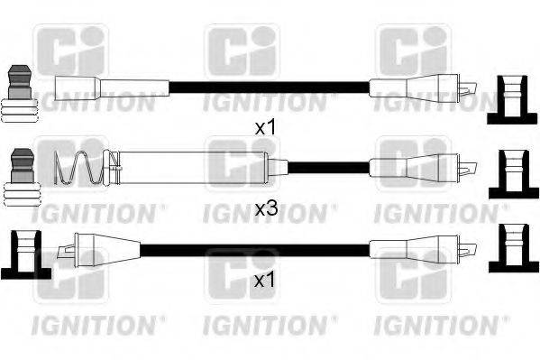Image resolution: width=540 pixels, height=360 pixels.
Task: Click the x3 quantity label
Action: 264,208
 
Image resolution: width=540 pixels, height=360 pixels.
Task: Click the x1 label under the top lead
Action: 264,128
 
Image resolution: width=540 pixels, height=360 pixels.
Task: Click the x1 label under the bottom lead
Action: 264,282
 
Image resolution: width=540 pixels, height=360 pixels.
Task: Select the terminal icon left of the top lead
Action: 19,94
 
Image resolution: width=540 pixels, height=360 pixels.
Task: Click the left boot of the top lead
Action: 110,88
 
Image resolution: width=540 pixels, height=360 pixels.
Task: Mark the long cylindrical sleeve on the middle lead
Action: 189,167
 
